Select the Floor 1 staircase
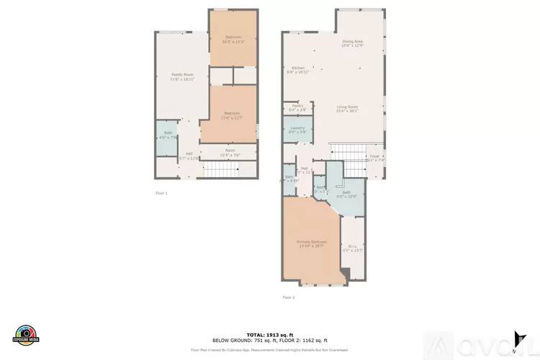pyautogui.click(x=222, y=170)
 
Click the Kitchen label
pyautogui.click(x=297, y=68)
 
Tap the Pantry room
pyautogui.click(x=297, y=107)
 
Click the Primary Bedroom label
pyautogui.click(x=312, y=242)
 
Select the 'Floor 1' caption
pyautogui.click(x=161, y=193)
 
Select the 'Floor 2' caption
pyautogui.click(x=288, y=297)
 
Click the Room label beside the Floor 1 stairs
pyautogui.click(x=230, y=151)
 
